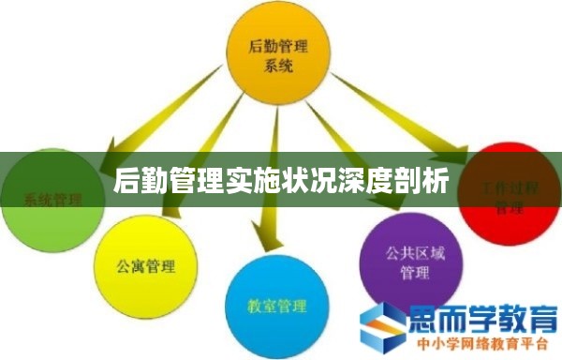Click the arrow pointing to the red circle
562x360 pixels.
pyautogui.click(x=403, y=112)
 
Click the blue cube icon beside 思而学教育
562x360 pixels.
pyautogui.click(x=385, y=325)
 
